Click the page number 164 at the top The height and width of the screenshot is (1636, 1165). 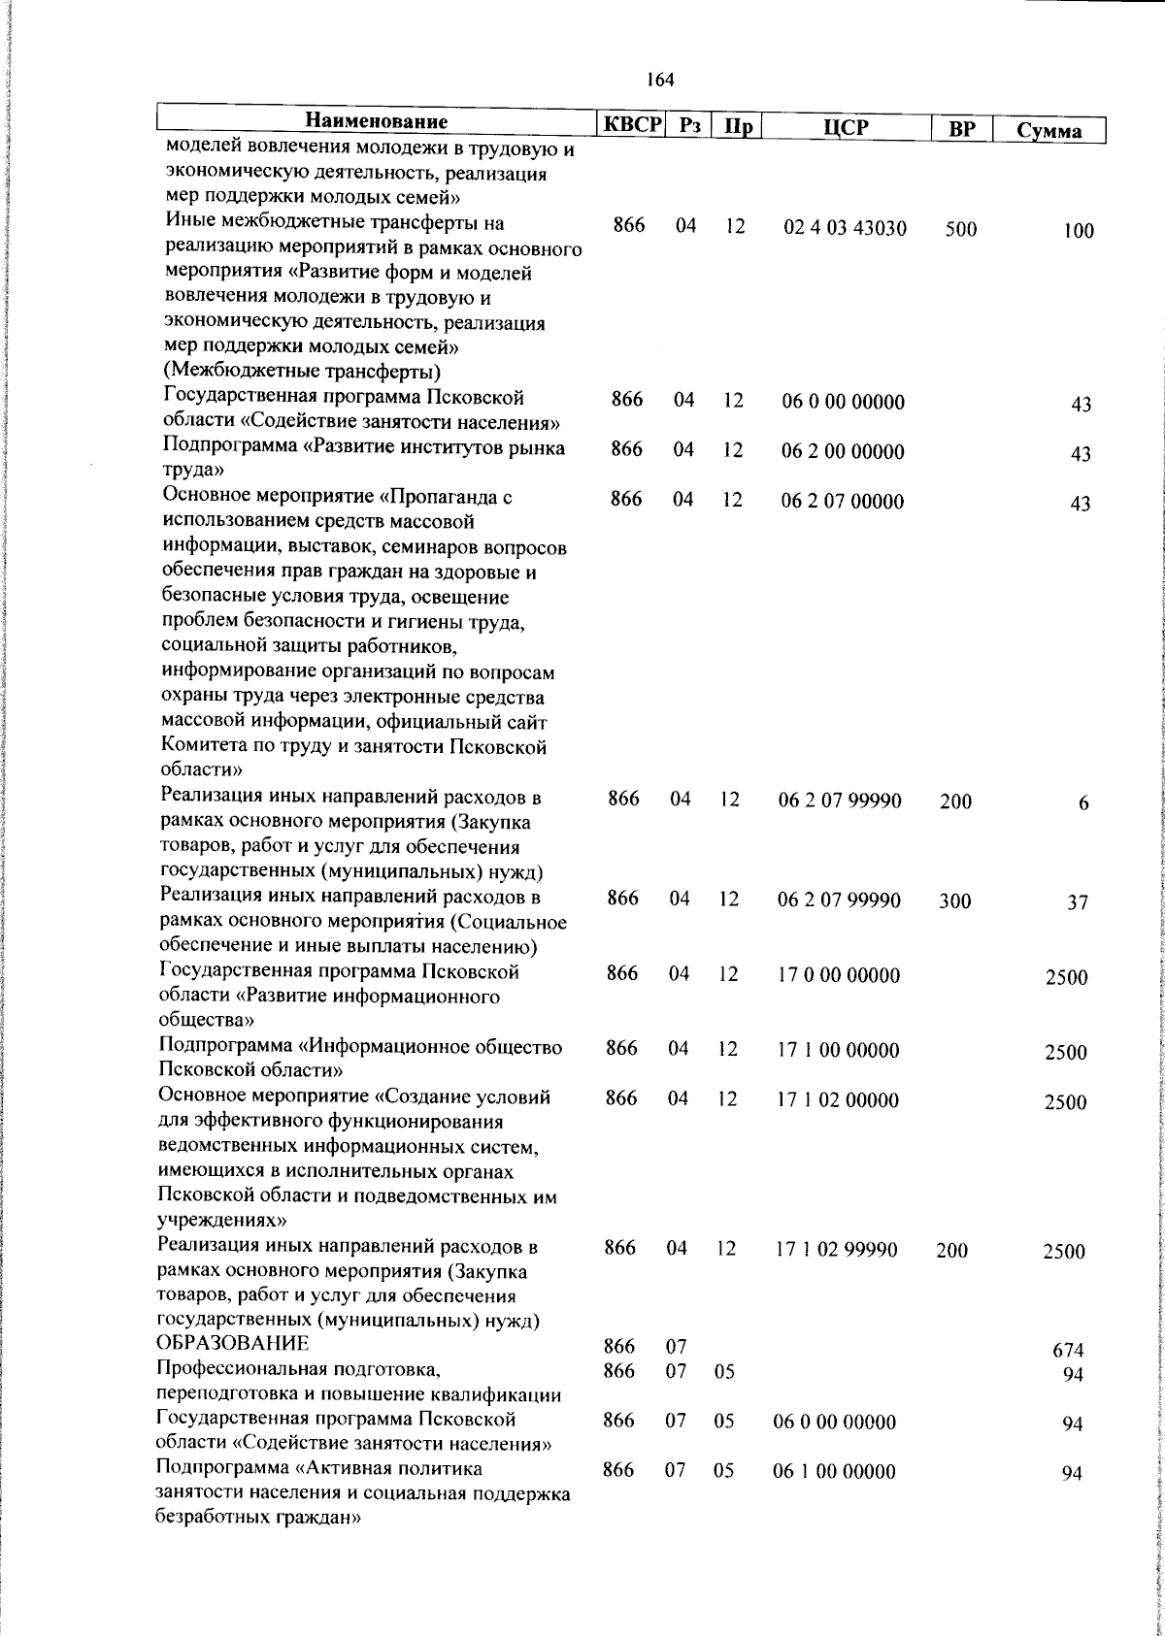click(x=660, y=81)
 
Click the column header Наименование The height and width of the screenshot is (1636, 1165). click(x=377, y=122)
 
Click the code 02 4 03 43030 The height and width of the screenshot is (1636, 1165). click(x=845, y=228)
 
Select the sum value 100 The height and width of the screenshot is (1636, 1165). click(x=1077, y=231)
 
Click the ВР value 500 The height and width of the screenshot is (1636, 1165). click(x=960, y=230)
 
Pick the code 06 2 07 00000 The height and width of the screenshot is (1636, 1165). click(x=842, y=502)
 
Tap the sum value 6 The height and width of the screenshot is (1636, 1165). click(x=1083, y=803)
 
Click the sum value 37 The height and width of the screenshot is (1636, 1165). click(x=1078, y=902)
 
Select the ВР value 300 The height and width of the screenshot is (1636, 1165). click(x=954, y=901)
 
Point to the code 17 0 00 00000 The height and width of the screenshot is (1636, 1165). click(x=839, y=975)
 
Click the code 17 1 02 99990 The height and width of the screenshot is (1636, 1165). click(x=836, y=1249)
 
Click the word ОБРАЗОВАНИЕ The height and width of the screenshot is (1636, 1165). click(x=233, y=1344)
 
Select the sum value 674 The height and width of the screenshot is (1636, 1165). click(x=1067, y=1350)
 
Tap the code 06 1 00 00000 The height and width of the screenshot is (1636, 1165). click(x=834, y=1472)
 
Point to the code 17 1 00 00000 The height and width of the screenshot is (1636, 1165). click(x=839, y=1050)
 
